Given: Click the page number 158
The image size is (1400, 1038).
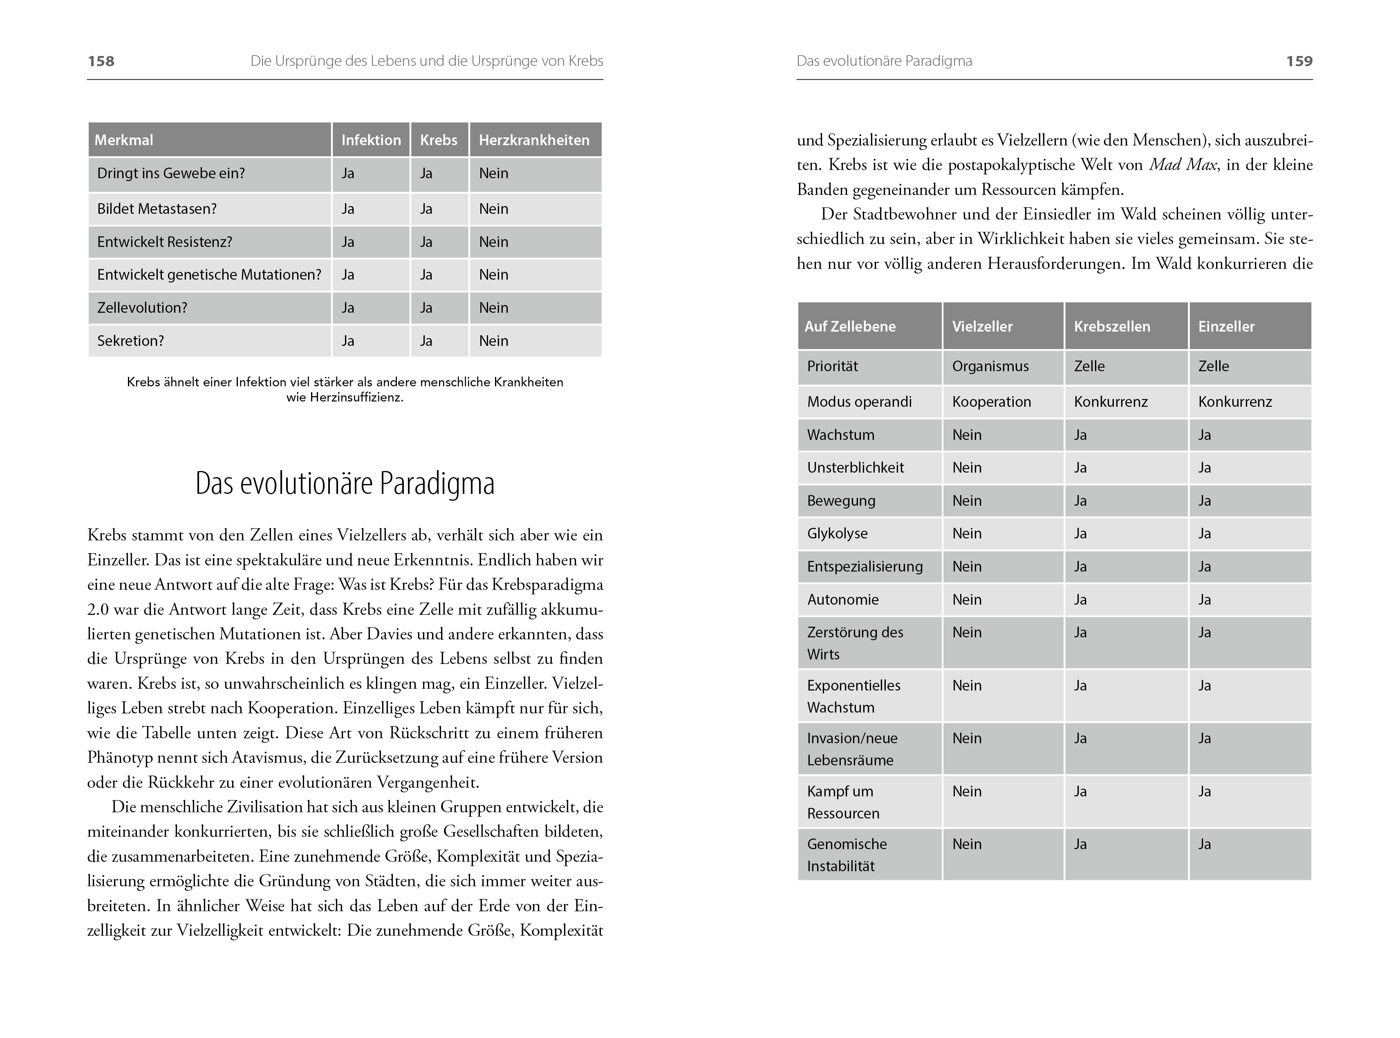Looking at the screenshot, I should [101, 61].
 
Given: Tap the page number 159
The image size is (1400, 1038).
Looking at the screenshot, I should [1299, 61].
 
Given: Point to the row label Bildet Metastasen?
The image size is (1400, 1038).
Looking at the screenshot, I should [157, 208].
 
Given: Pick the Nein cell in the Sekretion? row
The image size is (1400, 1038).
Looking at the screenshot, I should [494, 341].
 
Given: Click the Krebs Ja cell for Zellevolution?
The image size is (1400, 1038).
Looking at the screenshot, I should [426, 308].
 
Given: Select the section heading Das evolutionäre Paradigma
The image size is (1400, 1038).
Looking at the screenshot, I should [345, 483].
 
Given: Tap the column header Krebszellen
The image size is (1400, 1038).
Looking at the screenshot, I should [1112, 327].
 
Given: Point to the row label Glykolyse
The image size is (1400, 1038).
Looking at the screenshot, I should [837, 534].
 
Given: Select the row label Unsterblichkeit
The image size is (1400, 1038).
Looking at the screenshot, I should [856, 467].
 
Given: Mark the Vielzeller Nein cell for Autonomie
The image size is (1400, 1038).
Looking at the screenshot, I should [967, 599].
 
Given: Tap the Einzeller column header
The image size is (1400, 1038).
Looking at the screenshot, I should [1226, 327].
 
